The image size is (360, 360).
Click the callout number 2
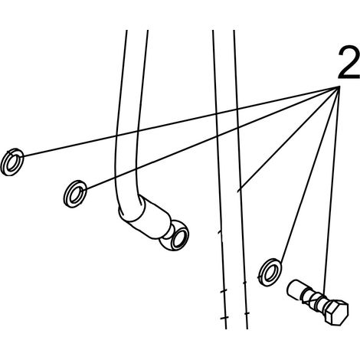point(349,63)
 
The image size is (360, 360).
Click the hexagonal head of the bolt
point(336,313)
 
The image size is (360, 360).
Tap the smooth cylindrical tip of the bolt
point(295,289)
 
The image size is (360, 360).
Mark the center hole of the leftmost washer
point(12,163)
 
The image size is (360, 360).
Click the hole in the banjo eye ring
point(180,239)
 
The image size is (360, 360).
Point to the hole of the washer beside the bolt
point(270,273)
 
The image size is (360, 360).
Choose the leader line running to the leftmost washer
point(181,122)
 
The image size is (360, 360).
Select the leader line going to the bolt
point(332,189)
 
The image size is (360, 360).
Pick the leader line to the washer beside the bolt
point(309,175)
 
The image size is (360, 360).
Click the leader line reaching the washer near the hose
point(212,138)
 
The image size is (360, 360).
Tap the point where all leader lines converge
point(339,87)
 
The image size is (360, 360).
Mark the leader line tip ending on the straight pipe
point(238,191)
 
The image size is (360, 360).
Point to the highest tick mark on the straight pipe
point(219,232)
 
